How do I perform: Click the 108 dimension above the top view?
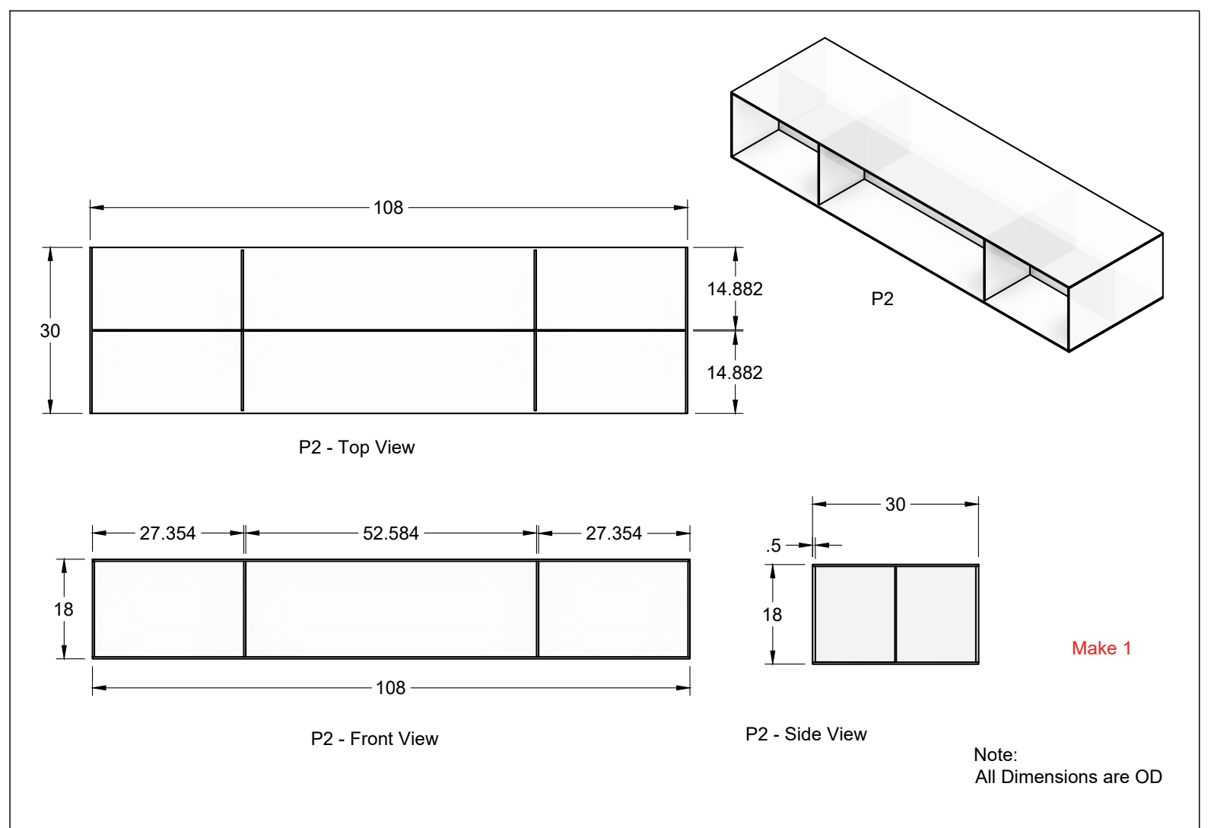point(388,208)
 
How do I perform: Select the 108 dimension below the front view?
point(390,688)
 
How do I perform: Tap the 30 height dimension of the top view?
point(50,331)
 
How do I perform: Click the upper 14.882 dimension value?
point(734,289)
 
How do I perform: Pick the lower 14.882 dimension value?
point(734,373)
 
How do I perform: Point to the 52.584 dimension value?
point(390,533)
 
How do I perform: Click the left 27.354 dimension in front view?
point(167,533)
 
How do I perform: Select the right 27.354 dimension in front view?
point(613,533)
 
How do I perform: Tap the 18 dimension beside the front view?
point(63,610)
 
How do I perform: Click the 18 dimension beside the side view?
point(772,615)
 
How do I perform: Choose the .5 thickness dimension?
point(774,546)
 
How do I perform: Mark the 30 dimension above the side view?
point(895,505)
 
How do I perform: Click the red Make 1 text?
point(1101,648)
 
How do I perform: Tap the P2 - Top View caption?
point(357,447)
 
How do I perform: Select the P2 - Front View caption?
point(374,739)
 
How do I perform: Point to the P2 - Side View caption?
point(806,734)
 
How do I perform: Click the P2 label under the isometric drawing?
point(882,299)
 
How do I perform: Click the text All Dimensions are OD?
point(1068,777)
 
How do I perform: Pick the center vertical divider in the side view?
point(895,614)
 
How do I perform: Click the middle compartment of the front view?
point(391,609)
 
